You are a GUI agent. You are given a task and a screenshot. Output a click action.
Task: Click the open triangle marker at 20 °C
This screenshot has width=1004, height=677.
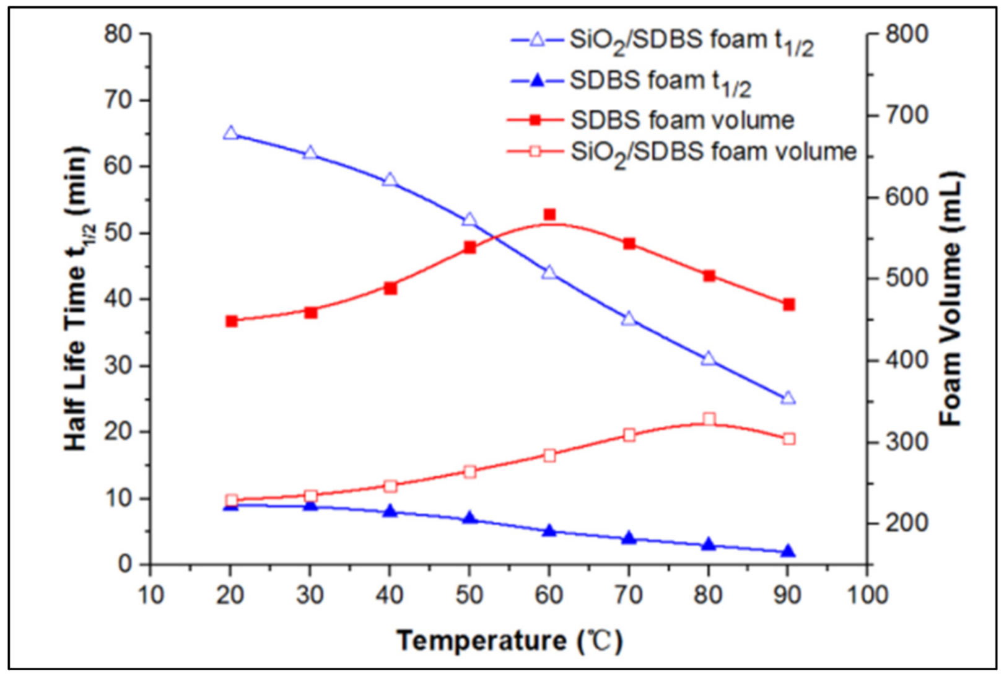click(x=230, y=133)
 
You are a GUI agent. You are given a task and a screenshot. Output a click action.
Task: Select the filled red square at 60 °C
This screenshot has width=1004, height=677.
click(x=549, y=215)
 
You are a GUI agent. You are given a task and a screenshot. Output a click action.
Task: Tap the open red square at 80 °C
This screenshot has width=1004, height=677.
click(x=709, y=419)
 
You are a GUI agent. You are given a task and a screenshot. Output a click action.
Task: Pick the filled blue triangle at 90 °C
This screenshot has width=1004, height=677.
click(x=788, y=551)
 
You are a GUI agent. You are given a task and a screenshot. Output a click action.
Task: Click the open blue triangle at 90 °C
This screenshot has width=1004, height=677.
click(x=788, y=398)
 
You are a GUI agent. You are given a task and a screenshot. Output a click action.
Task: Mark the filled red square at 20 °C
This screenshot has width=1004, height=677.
click(x=232, y=321)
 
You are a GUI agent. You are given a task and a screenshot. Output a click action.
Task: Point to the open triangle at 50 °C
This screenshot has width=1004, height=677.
click(x=469, y=220)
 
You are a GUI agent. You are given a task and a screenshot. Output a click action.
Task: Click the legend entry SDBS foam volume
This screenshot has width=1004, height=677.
click(x=681, y=120)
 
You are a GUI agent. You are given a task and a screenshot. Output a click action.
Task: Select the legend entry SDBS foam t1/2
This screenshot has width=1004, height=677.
click(x=660, y=82)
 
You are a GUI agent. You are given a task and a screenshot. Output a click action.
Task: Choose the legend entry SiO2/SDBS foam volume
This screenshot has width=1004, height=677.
click(x=712, y=152)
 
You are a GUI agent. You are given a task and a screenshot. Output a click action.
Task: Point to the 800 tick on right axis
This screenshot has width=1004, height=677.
click(x=907, y=33)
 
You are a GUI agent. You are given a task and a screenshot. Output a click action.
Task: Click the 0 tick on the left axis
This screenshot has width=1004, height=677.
click(x=126, y=564)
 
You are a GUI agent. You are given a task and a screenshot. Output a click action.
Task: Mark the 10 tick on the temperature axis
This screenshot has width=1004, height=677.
click(x=151, y=595)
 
